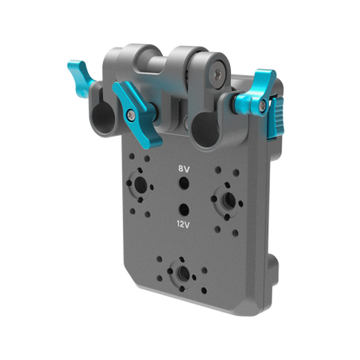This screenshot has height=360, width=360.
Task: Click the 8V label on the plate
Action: [x=183, y=170]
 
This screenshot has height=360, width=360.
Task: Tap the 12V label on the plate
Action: [x=183, y=224]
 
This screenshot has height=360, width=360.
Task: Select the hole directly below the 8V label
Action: [x=184, y=183]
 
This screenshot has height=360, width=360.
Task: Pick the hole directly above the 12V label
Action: [x=183, y=209]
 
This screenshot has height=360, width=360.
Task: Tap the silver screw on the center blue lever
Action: [x=131, y=115]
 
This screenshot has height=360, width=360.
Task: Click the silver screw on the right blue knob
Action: [x=262, y=106]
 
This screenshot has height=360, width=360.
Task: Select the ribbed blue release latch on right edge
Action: [x=276, y=118]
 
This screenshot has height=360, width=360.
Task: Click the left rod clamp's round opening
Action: [x=103, y=118]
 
